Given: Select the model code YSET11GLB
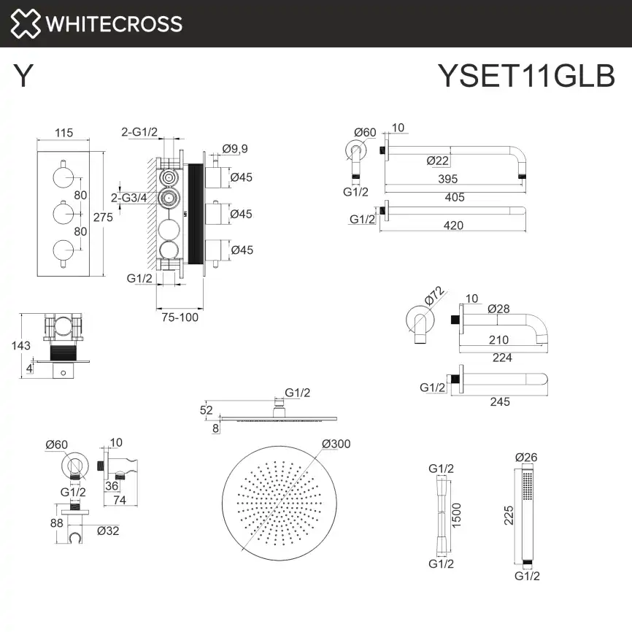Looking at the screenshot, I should [x=525, y=75].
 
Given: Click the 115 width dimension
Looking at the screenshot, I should [x=64, y=133].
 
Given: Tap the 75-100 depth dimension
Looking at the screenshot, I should [x=180, y=317].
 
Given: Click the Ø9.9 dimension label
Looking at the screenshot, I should [x=235, y=149].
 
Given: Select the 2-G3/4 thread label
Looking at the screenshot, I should [x=129, y=197].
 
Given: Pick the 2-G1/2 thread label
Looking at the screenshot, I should [x=139, y=132].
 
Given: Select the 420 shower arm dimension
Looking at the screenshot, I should [x=453, y=226].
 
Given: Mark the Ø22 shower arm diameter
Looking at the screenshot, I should [x=437, y=161].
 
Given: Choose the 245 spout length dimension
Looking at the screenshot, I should [x=500, y=401].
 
